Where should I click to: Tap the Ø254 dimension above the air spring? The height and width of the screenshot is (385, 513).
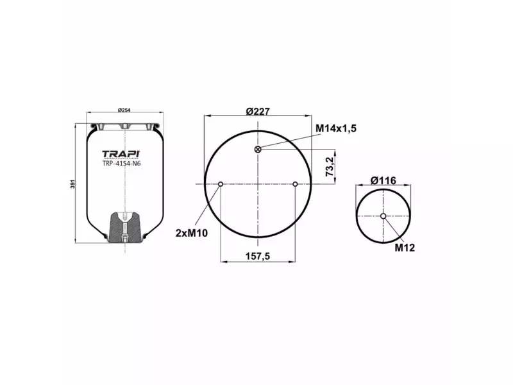125,110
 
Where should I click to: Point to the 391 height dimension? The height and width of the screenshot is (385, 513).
72,182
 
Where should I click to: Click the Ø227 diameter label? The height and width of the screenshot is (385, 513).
257,110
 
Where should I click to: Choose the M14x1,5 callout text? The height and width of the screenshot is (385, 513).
335,128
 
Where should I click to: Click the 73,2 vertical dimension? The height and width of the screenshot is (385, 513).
330,166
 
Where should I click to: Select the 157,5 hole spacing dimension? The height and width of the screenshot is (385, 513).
258,255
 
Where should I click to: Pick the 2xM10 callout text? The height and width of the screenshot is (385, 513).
191,232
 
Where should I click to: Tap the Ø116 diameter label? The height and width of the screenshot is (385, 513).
383,181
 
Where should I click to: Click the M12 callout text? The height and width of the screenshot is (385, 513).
404,247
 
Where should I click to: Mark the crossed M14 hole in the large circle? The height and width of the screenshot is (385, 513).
258,150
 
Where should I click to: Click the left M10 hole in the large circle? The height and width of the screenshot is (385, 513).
221,185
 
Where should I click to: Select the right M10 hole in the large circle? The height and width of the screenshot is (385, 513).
295,185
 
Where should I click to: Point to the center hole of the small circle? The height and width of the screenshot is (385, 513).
383,216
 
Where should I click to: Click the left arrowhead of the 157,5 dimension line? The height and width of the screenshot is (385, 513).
223,262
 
